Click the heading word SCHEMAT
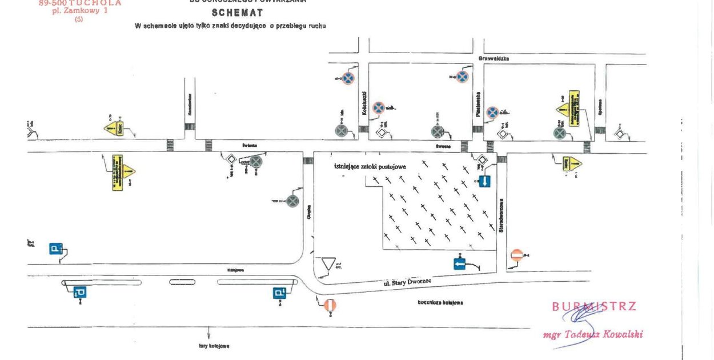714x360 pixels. [237, 13]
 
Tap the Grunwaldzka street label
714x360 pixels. [494, 58]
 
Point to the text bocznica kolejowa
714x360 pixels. [440, 302]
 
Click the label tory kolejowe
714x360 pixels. [209, 346]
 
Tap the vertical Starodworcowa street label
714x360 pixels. [501, 214]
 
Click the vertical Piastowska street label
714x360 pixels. [478, 105]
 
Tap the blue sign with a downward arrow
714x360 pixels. [484, 182]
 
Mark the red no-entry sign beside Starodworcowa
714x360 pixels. [516, 255]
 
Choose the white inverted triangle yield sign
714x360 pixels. [328, 264]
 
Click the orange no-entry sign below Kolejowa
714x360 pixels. [330, 306]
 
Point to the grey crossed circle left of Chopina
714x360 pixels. [292, 201]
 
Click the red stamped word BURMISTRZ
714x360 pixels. [594, 306]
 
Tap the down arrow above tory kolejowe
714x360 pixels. [209, 333]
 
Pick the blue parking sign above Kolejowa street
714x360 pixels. [55, 249]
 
